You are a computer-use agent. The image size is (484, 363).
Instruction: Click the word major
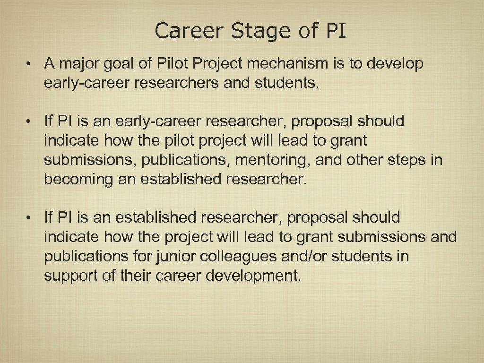pyautogui.click(x=78, y=64)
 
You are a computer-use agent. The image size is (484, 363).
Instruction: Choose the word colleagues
pyautogui.click(x=241, y=257)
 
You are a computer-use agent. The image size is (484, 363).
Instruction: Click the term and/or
pyautogui.click(x=306, y=257)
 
